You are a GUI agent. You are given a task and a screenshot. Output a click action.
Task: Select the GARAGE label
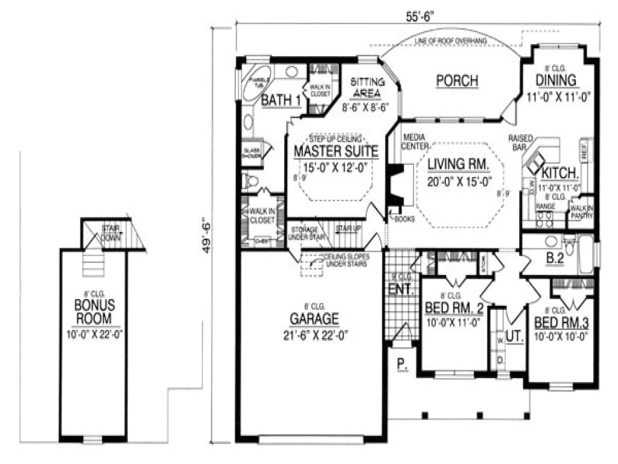[314, 318]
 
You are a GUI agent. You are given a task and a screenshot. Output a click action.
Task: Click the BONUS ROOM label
[94, 310]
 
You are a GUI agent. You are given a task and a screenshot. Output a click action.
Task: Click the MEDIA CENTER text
[415, 141]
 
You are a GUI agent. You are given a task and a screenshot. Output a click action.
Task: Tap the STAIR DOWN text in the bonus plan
[110, 233]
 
